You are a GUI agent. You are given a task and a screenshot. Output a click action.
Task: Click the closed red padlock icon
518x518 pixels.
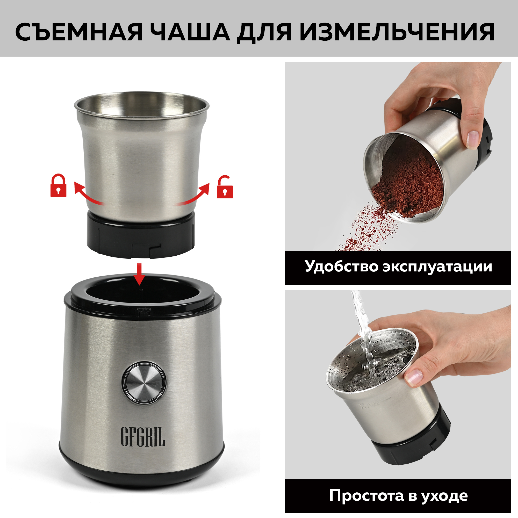[x=58, y=186]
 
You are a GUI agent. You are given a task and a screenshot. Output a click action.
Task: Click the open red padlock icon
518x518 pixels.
[x=225, y=188]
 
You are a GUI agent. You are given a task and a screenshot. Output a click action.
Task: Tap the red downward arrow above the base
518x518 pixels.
[x=139, y=274]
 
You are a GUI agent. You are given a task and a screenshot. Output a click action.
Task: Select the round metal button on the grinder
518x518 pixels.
[x=144, y=383]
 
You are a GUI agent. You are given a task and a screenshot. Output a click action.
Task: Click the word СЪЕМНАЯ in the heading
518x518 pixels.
[x=78, y=32]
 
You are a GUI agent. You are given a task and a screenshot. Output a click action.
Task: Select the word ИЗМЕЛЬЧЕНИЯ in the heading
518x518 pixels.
[x=397, y=32]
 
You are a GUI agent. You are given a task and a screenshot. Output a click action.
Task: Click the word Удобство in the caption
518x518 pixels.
[x=341, y=267]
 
